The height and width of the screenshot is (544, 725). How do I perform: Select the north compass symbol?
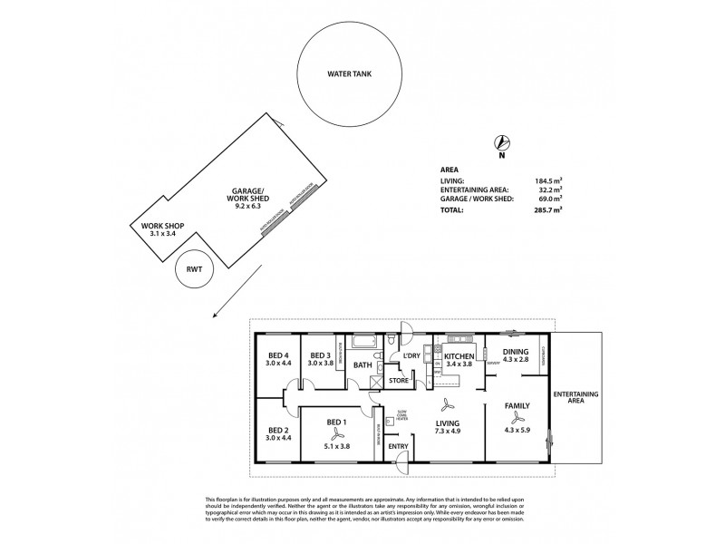click(500, 141)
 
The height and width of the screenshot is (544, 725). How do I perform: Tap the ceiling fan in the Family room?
click(517, 418)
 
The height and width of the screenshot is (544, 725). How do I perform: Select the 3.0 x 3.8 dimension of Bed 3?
click(318, 364)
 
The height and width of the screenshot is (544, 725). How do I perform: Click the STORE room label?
click(399, 381)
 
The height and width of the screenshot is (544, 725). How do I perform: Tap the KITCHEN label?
click(459, 356)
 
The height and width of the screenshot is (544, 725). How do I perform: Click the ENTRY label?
click(398, 446)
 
